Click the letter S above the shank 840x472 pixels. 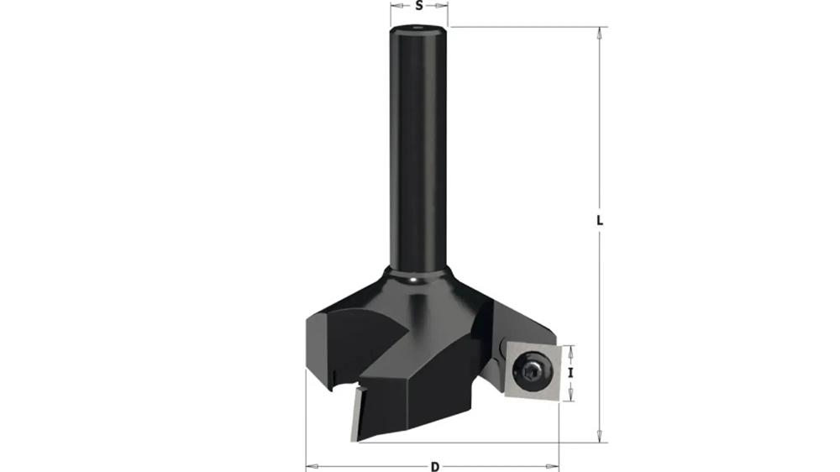click(419, 5)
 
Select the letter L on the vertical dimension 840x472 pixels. click(600, 221)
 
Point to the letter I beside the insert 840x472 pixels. click(570, 372)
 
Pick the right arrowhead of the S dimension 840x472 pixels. click(444, 5)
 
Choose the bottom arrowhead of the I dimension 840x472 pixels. click(570, 396)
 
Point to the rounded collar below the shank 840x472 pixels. click(417, 281)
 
